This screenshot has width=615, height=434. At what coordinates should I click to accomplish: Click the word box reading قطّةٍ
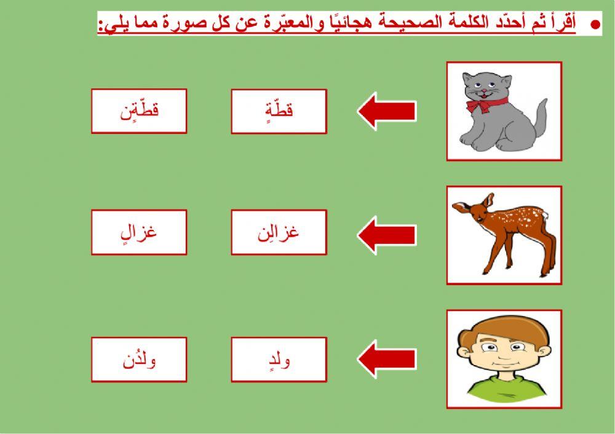coord(279,111)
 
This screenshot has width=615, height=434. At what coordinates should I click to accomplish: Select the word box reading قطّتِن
coord(139,111)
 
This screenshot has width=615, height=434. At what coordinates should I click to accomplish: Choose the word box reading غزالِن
coord(279,232)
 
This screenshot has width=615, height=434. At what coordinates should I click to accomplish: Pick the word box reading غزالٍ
coord(139,232)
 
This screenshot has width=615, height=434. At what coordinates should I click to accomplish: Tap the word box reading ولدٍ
coord(279,360)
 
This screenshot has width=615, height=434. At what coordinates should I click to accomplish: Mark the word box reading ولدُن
coord(139,360)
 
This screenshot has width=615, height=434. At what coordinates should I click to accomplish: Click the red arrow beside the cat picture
coord(386,111)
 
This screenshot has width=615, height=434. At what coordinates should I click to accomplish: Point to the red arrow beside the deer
coord(386,234)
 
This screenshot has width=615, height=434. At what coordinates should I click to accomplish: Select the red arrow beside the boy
coord(386,359)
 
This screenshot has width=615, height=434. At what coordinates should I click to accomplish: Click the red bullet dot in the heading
coord(595,25)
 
